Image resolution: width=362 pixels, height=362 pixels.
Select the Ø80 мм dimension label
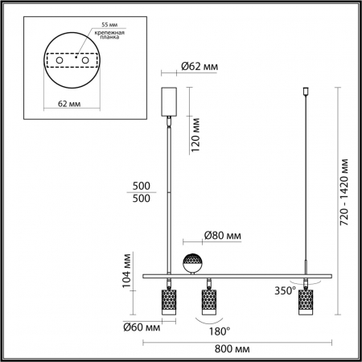(223, 237)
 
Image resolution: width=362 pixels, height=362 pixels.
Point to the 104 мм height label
(126, 270)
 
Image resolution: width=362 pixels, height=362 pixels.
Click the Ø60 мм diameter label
(142, 327)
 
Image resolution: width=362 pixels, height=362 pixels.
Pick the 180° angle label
(219, 331)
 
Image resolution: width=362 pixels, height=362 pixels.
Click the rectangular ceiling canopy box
(169, 101)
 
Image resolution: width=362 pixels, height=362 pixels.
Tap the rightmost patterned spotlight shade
(306, 302)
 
